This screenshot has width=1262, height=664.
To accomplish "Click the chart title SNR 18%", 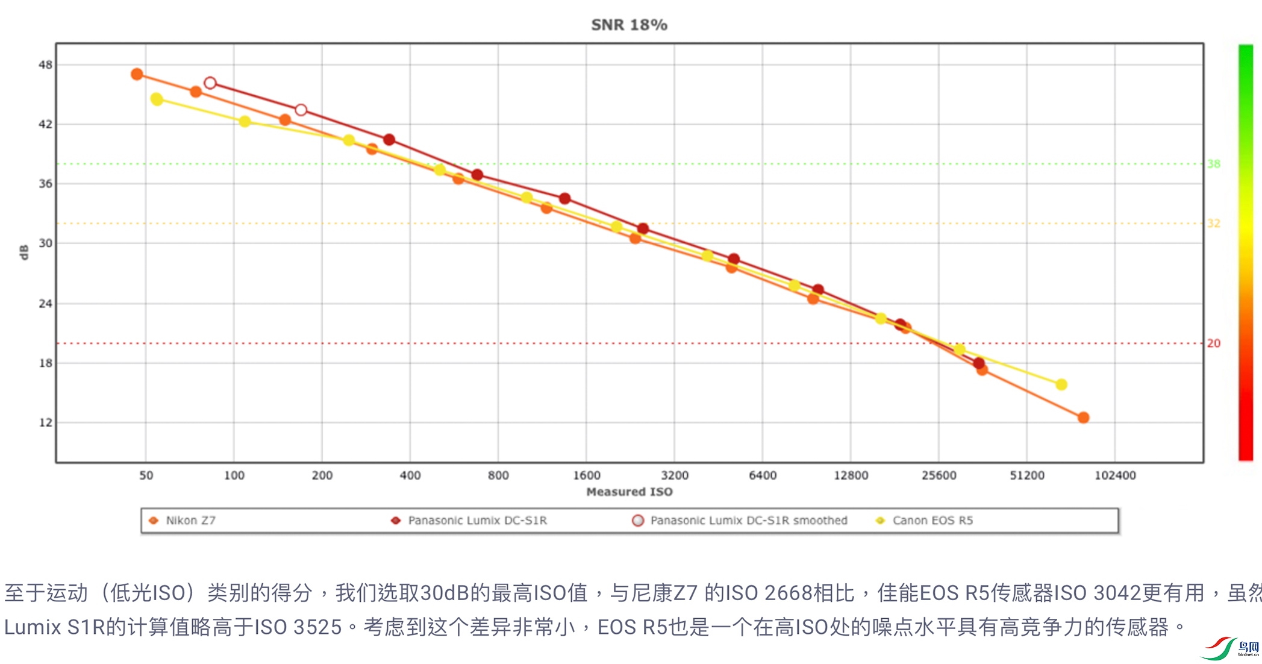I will [629, 25].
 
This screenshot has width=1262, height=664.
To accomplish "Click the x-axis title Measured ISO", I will [629, 492].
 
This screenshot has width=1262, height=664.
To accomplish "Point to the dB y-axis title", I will [24, 252].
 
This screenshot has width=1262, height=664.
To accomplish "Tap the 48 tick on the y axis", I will [46, 64].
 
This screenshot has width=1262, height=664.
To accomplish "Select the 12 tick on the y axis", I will [46, 422].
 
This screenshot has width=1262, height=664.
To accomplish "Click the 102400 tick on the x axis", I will [1115, 475].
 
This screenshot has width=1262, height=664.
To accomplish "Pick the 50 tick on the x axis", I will [146, 475].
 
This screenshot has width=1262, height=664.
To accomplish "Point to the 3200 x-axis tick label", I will [675, 475].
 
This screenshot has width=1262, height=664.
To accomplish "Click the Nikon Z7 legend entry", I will [190, 521].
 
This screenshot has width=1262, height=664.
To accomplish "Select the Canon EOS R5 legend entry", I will [932, 521].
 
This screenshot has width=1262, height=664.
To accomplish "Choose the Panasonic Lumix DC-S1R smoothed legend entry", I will [748, 521].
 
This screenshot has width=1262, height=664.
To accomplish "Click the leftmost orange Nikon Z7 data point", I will [137, 74].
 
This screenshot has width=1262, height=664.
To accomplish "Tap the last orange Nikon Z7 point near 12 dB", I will [1083, 418].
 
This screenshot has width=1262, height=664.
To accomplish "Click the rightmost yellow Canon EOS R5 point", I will [1061, 384].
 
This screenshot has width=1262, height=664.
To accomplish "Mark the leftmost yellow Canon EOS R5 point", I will [157, 99].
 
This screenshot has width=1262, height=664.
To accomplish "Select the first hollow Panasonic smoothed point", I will [210, 83].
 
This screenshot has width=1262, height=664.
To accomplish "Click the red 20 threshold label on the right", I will [1214, 343].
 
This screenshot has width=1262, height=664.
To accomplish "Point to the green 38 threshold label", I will [1214, 164].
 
